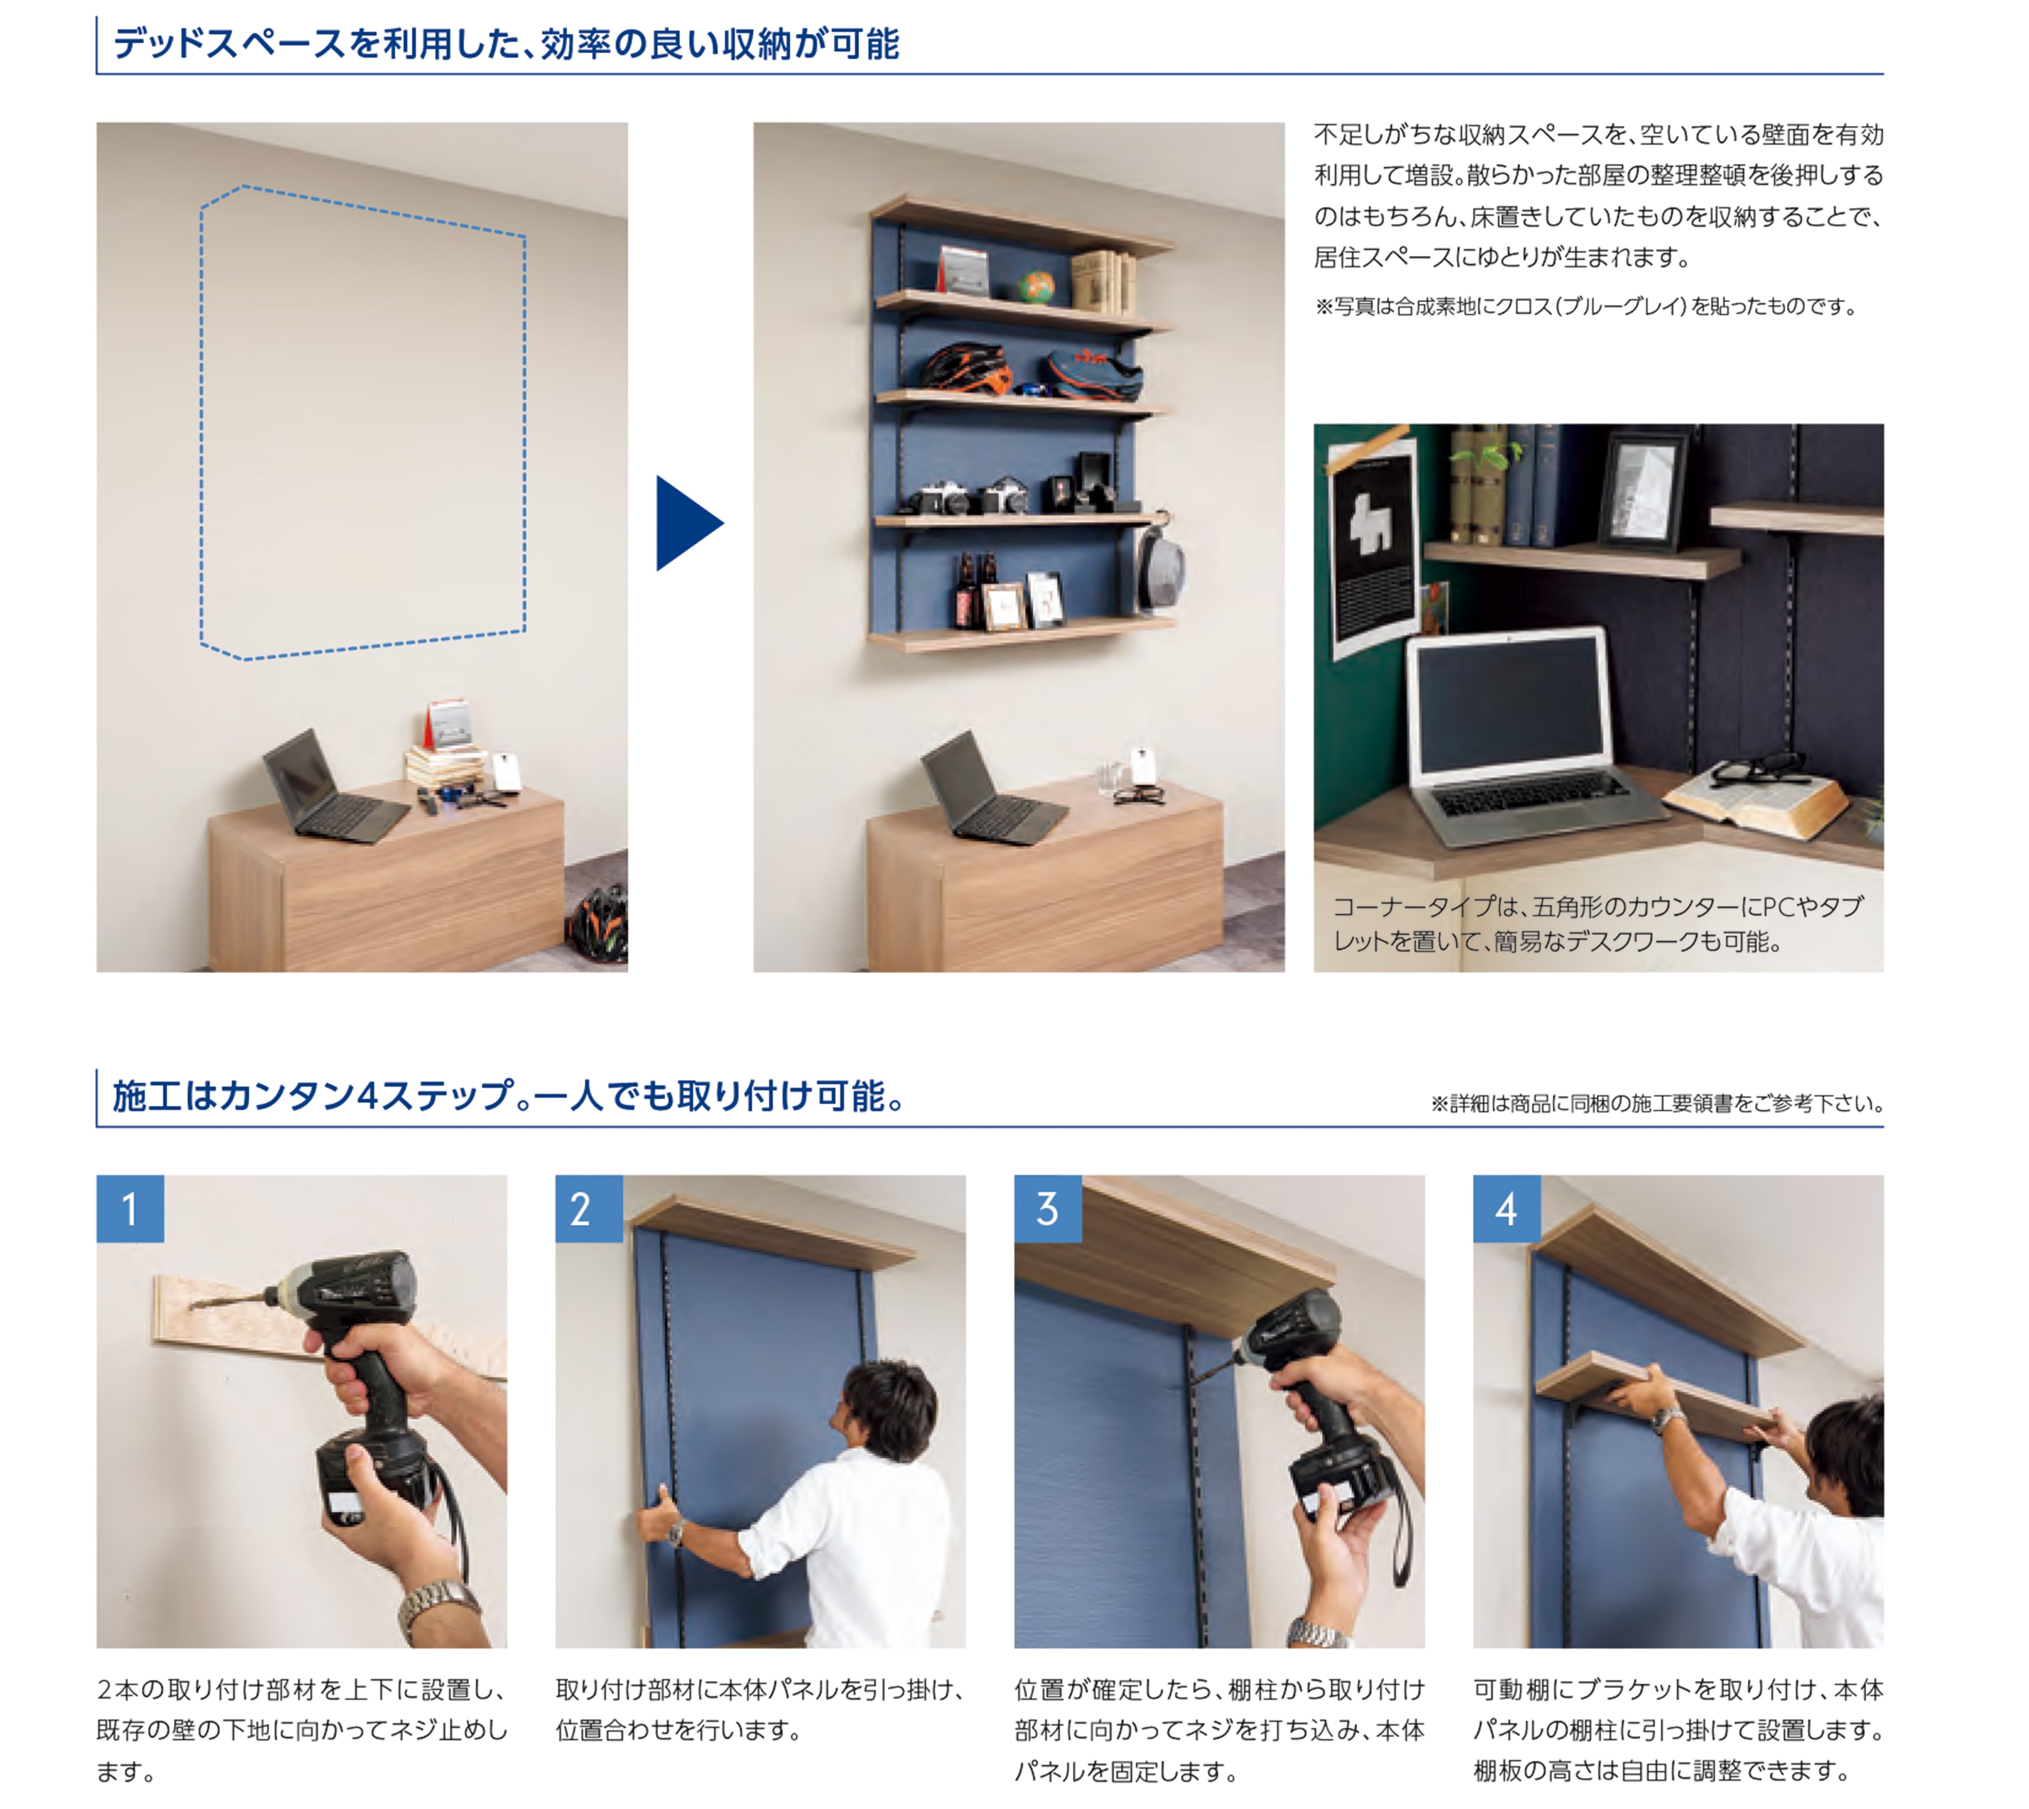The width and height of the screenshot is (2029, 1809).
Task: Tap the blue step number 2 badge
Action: (x=588, y=1209)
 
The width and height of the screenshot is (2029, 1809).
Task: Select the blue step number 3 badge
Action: (x=1048, y=1209)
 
